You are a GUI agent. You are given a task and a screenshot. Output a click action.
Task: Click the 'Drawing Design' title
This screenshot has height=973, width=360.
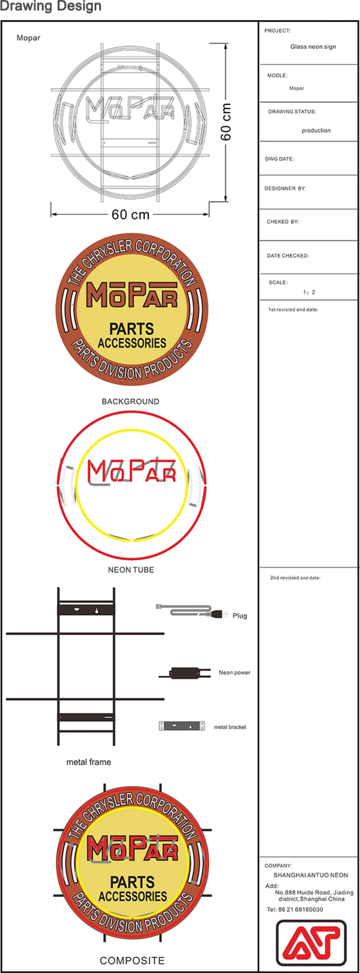(x=51, y=6)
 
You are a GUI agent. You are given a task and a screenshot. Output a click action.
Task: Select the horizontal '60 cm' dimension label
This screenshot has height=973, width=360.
(x=130, y=215)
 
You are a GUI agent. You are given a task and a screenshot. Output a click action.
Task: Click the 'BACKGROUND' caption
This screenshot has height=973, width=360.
(x=130, y=401)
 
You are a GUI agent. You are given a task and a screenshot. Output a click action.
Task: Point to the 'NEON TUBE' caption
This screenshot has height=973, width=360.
(x=131, y=570)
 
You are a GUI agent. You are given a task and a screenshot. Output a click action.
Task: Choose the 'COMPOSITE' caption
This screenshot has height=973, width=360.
(x=132, y=961)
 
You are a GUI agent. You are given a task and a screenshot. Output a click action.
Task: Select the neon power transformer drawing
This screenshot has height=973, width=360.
(x=185, y=673)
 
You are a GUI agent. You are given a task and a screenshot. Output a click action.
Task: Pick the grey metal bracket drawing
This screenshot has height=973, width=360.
(x=182, y=726)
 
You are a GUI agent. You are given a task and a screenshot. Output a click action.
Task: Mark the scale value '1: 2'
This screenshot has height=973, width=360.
(x=309, y=292)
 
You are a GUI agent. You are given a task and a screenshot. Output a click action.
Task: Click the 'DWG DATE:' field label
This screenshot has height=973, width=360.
(x=279, y=159)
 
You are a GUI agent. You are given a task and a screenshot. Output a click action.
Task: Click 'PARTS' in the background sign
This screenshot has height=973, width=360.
(x=132, y=329)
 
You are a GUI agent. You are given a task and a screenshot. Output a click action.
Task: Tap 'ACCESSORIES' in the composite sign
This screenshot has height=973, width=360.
(x=133, y=896)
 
